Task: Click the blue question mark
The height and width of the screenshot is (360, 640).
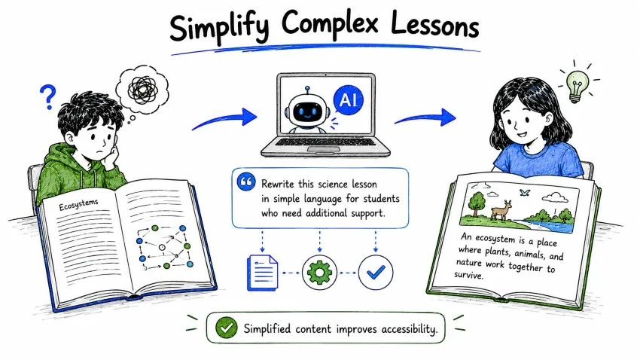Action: pyautogui.click(x=47, y=96)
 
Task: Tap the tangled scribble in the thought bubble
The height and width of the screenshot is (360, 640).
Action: pyautogui.click(x=142, y=90)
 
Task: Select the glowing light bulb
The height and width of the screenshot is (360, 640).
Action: pyautogui.click(x=576, y=86)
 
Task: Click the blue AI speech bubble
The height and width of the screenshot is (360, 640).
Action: pyautogui.click(x=348, y=100)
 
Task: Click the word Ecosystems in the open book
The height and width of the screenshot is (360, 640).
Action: pyautogui.click(x=78, y=205)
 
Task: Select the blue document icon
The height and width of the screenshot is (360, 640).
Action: pyautogui.click(x=262, y=273)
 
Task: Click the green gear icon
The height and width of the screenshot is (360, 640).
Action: pyautogui.click(x=319, y=272)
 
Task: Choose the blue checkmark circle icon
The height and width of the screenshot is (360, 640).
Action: pyautogui.click(x=376, y=272)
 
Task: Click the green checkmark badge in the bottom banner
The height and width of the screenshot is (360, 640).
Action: pyautogui.click(x=227, y=328)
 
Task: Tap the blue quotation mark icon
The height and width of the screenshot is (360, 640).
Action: pyautogui.click(x=246, y=182)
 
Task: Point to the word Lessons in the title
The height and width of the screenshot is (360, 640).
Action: pyautogui.click(x=434, y=26)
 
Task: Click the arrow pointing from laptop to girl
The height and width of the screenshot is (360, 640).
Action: pyautogui.click(x=425, y=118)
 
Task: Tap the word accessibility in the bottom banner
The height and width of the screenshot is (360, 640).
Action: pyautogui.click(x=409, y=329)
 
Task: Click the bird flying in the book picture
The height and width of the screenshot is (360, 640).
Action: pyautogui.click(x=525, y=192)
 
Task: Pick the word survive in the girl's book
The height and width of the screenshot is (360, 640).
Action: pyautogui.click(x=468, y=275)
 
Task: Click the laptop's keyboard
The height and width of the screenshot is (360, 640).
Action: pyautogui.click(x=325, y=142)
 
